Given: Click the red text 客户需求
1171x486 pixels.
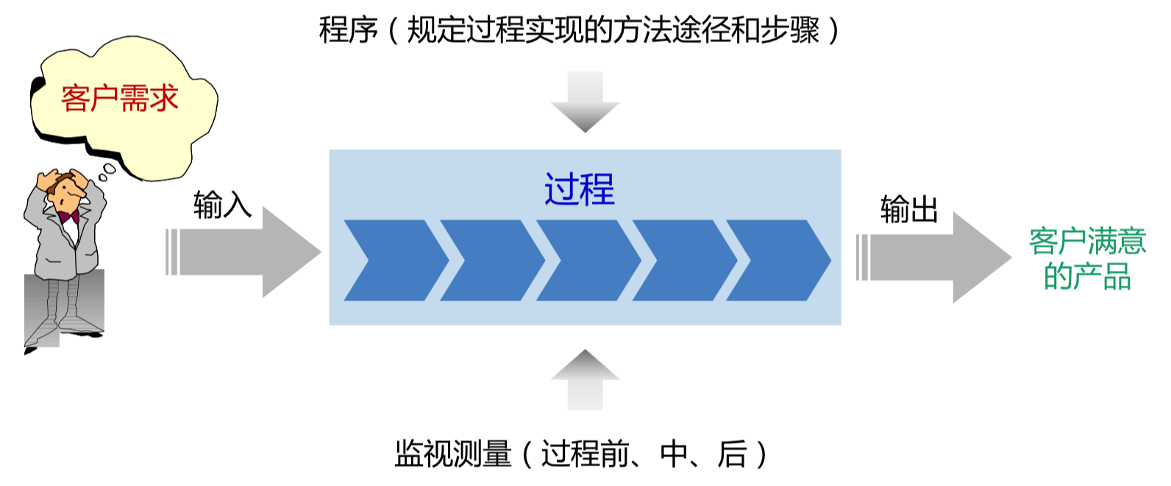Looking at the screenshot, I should pyautogui.click(x=120, y=99).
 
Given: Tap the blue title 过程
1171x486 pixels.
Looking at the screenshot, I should pyautogui.click(x=579, y=189).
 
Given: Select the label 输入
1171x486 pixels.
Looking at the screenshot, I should pyautogui.click(x=222, y=205).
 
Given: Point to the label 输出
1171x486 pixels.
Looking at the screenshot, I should pyautogui.click(x=909, y=209).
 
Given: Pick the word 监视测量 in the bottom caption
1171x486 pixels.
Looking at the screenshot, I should pyautogui.click(x=453, y=454).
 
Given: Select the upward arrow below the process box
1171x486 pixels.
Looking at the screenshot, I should pyautogui.click(x=585, y=378).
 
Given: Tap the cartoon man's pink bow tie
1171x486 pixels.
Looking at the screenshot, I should pyautogui.click(x=69, y=216).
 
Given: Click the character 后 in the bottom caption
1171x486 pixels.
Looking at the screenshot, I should pyautogui.click(x=732, y=454).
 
